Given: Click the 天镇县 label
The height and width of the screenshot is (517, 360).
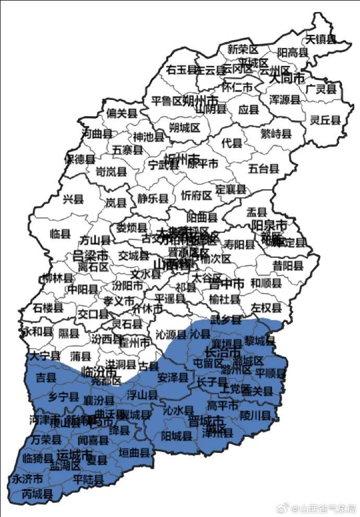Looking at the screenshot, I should point(320,39).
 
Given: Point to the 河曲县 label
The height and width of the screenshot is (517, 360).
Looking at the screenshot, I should point(97,134).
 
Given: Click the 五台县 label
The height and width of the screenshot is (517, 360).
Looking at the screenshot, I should point(263,169).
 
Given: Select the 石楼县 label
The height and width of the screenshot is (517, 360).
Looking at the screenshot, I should point(47,308).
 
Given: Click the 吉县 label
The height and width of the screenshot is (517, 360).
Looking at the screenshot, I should point(45,376).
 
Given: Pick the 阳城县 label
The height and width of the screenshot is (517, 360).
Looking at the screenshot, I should point(176,436).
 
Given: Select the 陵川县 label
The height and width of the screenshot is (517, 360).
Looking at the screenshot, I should point(255,416).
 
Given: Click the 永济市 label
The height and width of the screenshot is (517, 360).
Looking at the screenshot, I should point(28,478).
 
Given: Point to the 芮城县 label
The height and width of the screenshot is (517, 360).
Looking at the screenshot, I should point(37,494).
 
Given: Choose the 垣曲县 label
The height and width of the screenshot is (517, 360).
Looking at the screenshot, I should point(134,452).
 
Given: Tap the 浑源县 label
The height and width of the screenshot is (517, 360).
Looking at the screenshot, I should point(284,99).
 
